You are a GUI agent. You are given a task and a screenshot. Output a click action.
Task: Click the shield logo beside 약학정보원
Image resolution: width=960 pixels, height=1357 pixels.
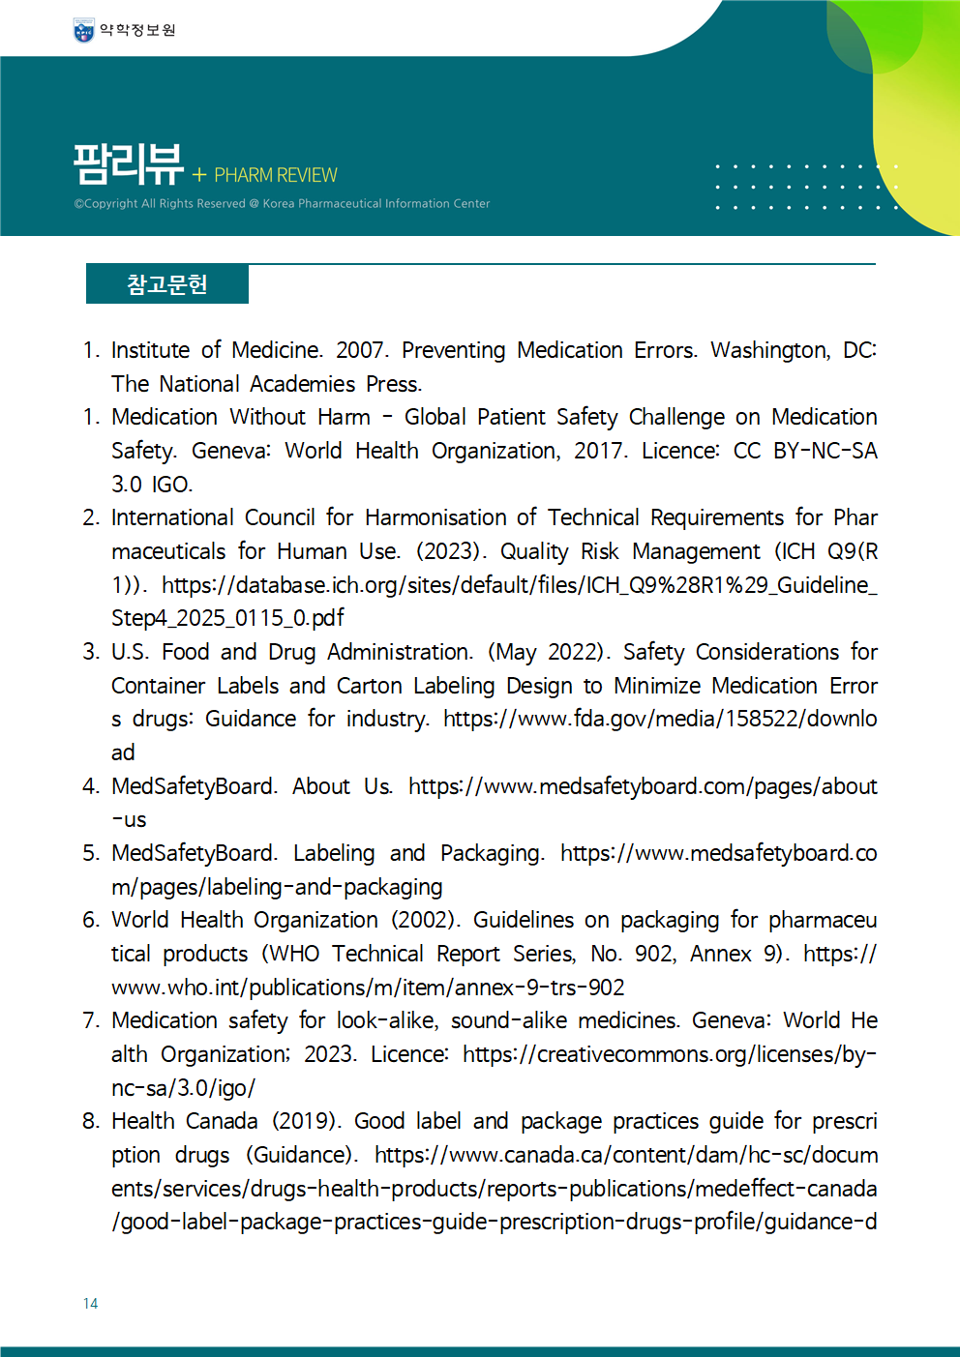tap(84, 31)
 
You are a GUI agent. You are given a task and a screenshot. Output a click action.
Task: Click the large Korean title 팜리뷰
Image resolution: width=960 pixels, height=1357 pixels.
tap(129, 164)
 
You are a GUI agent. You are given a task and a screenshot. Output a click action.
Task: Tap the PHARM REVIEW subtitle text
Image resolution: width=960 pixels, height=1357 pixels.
tap(276, 175)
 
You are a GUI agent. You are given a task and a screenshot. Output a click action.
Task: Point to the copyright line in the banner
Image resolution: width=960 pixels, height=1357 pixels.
tap(282, 204)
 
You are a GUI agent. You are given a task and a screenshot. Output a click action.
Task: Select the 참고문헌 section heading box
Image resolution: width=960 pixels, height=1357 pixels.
tap(167, 284)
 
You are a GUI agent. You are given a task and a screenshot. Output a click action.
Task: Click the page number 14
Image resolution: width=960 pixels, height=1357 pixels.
tap(90, 1304)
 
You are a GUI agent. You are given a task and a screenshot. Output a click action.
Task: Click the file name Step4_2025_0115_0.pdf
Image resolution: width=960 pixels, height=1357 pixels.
tap(227, 618)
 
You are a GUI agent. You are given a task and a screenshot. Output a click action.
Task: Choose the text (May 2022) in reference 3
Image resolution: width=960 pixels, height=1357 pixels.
tap(549, 652)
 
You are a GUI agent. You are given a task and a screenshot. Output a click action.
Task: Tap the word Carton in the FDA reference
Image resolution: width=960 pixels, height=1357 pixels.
tap(369, 686)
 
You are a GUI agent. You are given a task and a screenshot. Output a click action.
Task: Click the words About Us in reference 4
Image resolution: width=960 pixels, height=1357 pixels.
tap(342, 786)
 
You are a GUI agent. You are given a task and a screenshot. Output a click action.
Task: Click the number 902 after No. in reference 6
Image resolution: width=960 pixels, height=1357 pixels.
tap(654, 954)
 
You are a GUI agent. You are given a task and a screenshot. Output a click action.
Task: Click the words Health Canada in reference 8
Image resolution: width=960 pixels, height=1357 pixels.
tap(184, 1121)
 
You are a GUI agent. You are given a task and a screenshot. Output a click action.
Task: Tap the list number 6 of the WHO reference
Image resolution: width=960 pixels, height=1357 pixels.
tap(90, 920)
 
